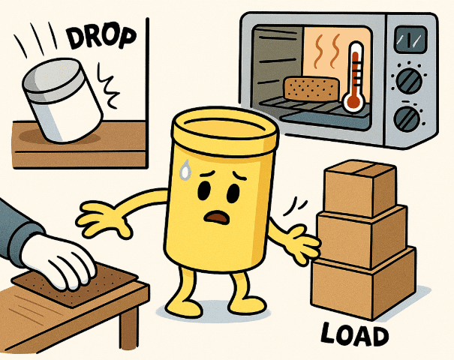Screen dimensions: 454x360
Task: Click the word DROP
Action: (101, 38)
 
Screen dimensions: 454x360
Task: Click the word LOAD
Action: (354, 334)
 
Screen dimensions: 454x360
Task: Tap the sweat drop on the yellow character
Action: (185, 169)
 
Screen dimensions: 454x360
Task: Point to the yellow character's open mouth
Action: (216, 217)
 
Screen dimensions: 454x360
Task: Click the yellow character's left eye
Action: (204, 191)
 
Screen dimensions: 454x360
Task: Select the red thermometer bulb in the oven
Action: (353, 102)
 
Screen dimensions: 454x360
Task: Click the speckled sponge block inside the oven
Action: (311, 88)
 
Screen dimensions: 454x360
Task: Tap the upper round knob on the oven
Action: (408, 81)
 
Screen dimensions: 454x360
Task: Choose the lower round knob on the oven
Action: (407, 119)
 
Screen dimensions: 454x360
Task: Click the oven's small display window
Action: (411, 40)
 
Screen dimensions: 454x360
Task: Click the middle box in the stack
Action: (362, 235)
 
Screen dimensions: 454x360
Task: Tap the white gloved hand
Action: (59, 261)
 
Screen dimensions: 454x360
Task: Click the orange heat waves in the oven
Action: (328, 52)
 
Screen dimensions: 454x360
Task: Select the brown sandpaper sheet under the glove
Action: (76, 284)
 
